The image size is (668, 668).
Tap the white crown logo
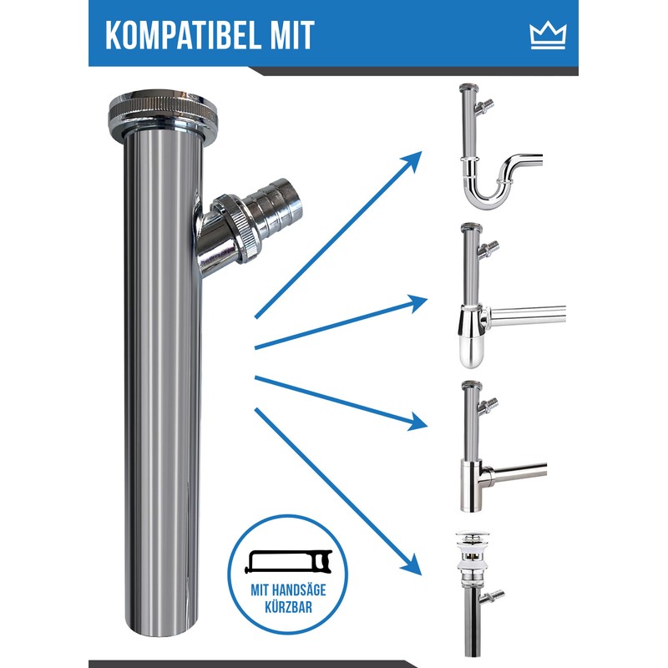[x=549, y=36]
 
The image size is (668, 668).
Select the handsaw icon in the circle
[x=288, y=561]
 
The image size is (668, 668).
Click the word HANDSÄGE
[x=299, y=590]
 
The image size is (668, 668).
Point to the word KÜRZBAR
[x=288, y=607]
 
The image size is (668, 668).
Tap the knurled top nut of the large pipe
[x=163, y=111]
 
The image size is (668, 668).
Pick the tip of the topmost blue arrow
[x=422, y=151]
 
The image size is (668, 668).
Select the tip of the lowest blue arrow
[x=421, y=575]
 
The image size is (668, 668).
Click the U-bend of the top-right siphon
[x=486, y=191]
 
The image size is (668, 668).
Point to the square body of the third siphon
[x=471, y=486]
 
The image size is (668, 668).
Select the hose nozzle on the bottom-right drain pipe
[x=494, y=596]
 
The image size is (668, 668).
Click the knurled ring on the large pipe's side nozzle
[x=236, y=228]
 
